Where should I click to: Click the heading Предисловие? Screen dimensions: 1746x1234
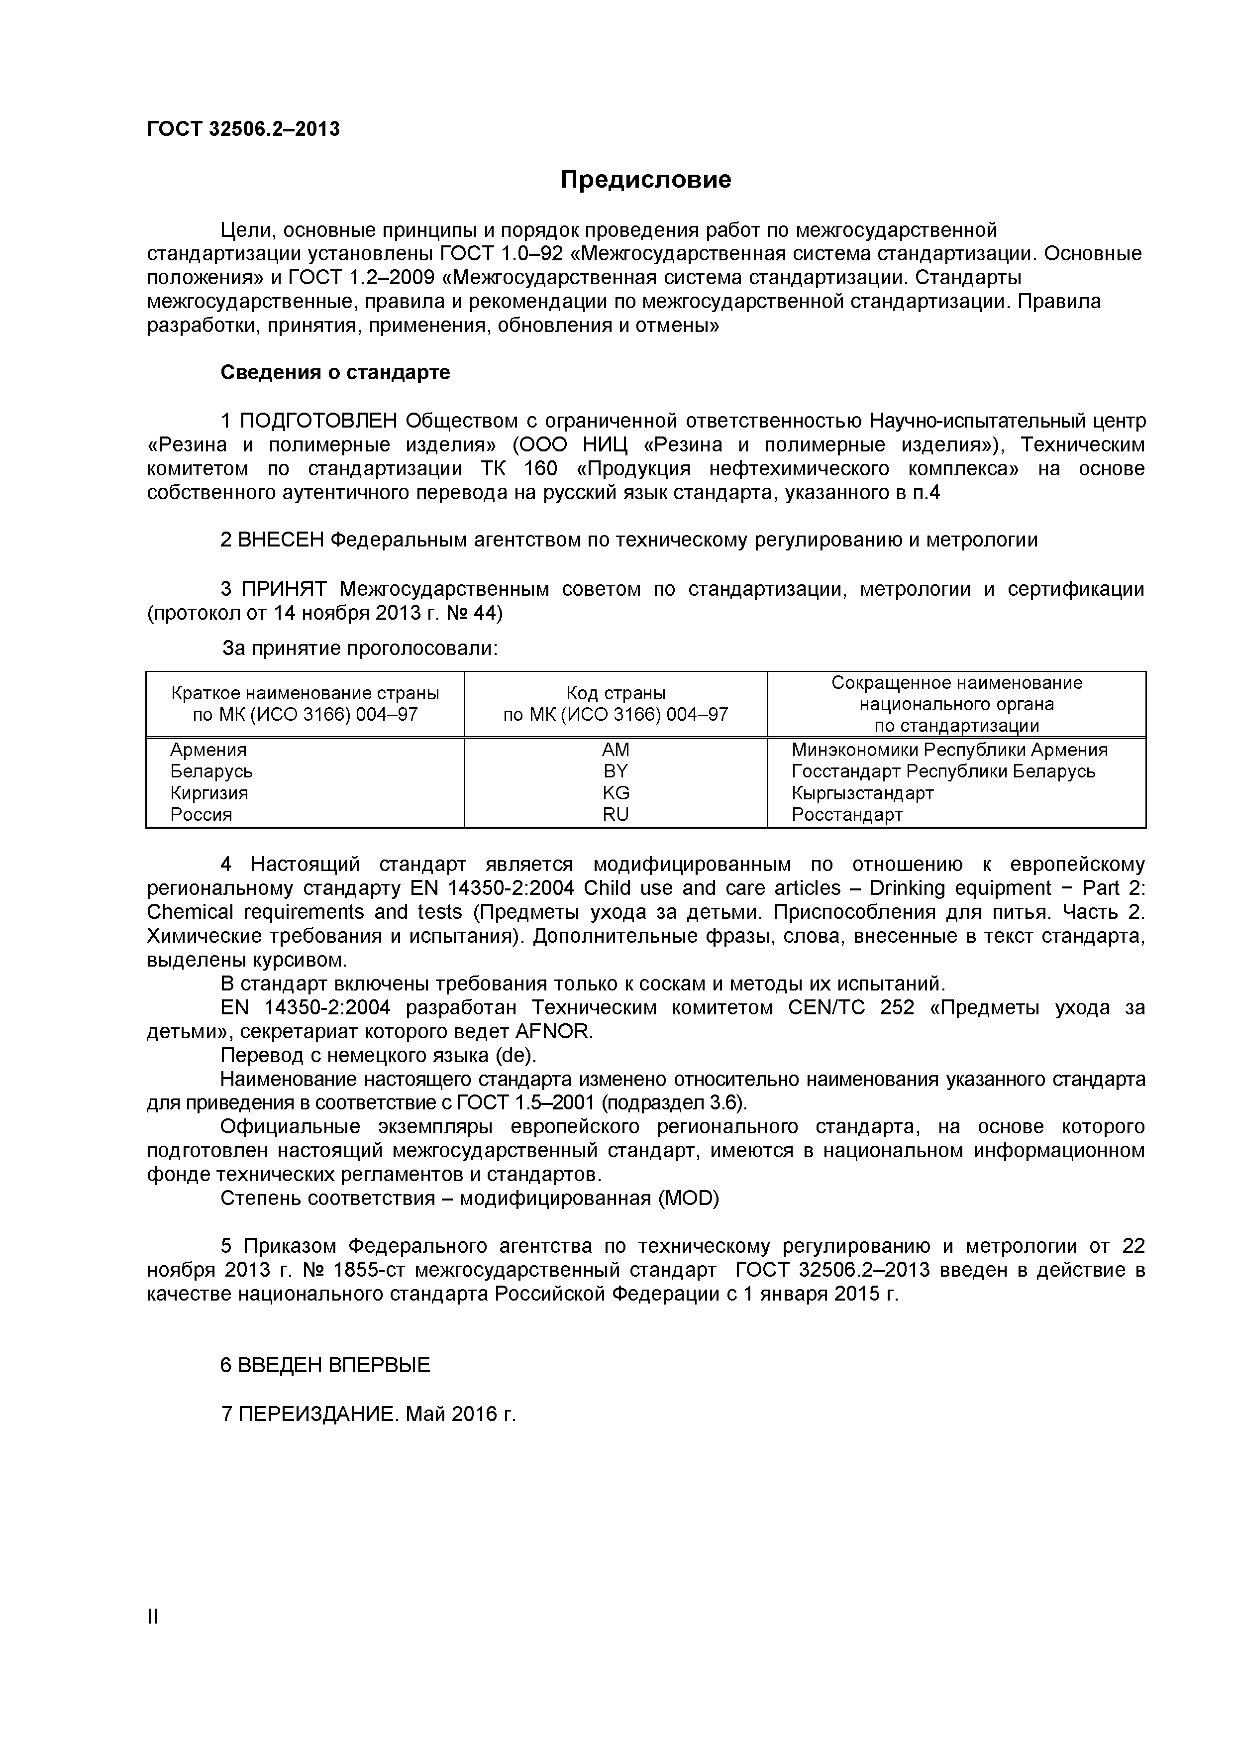(645, 180)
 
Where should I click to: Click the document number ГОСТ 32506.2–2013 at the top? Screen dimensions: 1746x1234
(243, 129)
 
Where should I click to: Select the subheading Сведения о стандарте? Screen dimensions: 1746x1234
(335, 373)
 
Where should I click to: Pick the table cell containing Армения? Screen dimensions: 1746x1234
(208, 750)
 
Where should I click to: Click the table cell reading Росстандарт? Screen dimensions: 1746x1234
(847, 815)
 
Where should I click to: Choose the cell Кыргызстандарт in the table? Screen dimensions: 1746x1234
(862, 793)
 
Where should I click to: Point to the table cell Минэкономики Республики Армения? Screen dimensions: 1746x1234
(949, 750)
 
